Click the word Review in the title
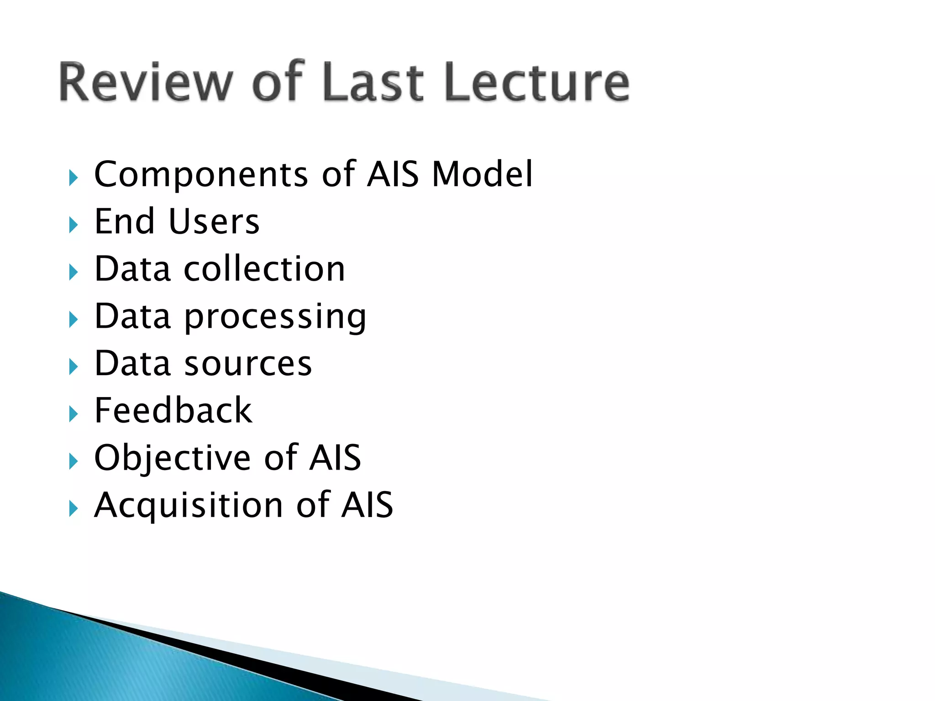point(145,82)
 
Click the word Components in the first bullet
point(201,174)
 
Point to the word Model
point(482,174)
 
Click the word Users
point(214,222)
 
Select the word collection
point(264,269)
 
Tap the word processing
point(275,317)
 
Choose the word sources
point(248,364)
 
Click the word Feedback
point(173,411)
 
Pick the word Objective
point(173,458)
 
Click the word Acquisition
point(189,506)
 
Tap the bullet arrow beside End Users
point(73,225)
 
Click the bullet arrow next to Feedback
point(73,414)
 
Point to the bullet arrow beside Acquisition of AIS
point(73,508)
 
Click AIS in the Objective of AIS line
point(335,458)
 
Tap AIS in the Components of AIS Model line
point(393,174)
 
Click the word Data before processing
point(132,316)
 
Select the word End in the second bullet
point(124,222)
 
